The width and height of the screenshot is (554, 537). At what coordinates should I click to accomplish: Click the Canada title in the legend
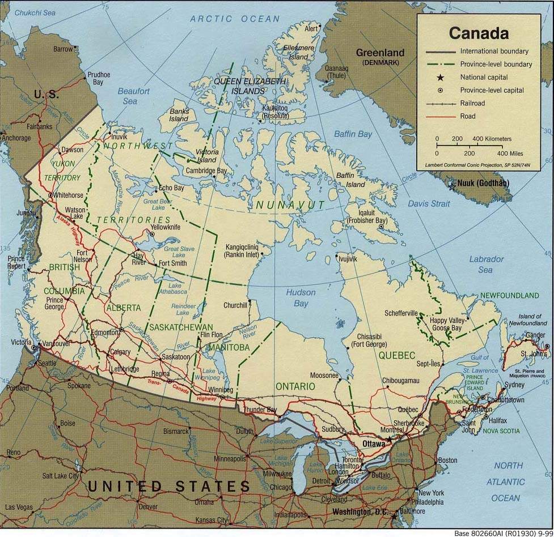479,33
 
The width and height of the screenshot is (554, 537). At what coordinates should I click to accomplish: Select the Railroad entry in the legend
472,103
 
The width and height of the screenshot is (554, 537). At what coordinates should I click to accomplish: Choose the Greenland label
380,53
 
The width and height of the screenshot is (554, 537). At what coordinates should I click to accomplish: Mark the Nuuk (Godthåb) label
485,183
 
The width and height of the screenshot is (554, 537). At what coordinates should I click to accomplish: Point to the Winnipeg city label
221,390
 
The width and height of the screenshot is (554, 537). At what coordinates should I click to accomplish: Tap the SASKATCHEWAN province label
181,327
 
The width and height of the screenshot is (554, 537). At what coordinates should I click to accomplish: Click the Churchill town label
235,305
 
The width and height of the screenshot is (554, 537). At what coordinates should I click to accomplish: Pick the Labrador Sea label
486,265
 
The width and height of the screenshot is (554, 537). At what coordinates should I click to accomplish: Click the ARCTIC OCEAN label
235,19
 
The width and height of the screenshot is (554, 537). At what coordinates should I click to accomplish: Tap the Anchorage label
16,138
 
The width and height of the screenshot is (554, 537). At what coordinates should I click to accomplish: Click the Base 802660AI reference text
502,533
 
